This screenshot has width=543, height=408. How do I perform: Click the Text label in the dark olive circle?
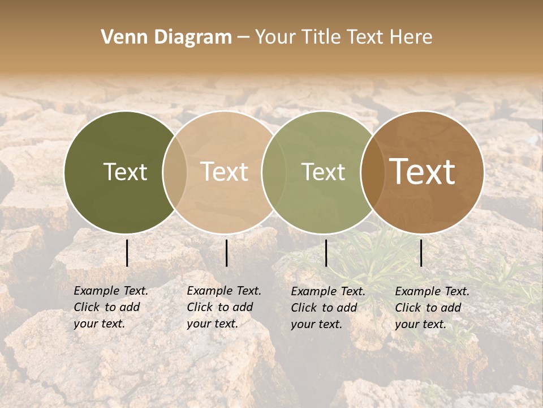tap(125, 172)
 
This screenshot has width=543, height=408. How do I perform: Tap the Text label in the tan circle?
tap(225, 172)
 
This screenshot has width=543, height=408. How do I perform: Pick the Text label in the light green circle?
tap(324, 172)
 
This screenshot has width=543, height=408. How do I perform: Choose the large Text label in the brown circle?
tap(423, 172)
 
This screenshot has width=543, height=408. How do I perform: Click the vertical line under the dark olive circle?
tap(127, 253)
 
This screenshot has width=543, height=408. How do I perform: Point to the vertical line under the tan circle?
tap(226, 253)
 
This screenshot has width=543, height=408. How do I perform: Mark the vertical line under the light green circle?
tap(326, 253)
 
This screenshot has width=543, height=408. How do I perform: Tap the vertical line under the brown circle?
tap(421, 253)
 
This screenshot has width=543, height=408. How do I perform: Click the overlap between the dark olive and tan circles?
tap(175, 172)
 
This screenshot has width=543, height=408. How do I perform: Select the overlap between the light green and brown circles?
tap(373, 172)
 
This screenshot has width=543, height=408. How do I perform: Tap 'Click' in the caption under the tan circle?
tap(200, 307)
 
